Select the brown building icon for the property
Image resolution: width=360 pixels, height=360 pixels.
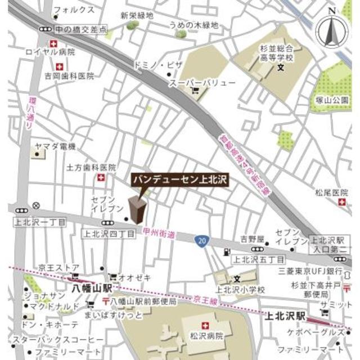pos(137,210)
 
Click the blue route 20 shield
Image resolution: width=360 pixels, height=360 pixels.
pos(201,241)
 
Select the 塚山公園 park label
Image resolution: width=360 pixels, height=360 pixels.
pos(332,100)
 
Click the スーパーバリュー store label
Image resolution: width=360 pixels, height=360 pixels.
pos(203,83)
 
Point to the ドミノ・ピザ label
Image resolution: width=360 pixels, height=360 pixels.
pos(157,66)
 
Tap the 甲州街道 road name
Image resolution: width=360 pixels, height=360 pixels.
pos(159,233)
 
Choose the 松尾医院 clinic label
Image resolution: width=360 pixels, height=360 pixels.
pos(332,193)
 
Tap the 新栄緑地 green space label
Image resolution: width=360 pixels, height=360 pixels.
pos(137,16)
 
